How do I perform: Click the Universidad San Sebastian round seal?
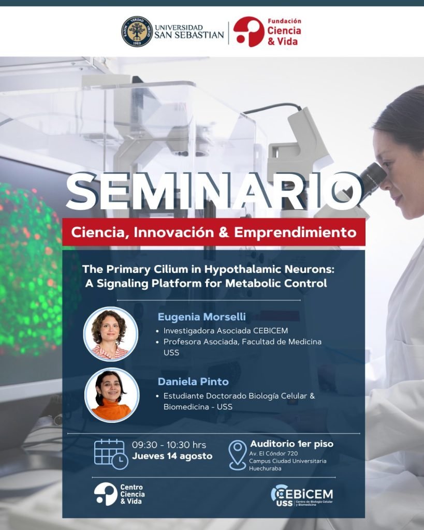137,31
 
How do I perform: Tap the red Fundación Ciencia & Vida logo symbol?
248,32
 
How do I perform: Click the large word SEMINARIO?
213,192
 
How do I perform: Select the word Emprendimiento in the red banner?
295,232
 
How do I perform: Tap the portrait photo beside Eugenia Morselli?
111,334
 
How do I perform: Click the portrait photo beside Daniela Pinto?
112,395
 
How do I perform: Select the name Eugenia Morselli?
201,317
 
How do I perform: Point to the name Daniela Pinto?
193,381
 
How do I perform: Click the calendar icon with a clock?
111,454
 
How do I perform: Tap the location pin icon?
237,455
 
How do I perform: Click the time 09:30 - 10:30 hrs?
169,445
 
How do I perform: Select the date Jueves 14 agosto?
172,456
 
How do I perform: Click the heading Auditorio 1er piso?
291,444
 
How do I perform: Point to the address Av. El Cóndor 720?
273,453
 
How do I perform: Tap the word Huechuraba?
265,468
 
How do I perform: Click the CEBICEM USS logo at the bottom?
302,495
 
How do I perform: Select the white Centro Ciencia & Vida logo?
120,494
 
